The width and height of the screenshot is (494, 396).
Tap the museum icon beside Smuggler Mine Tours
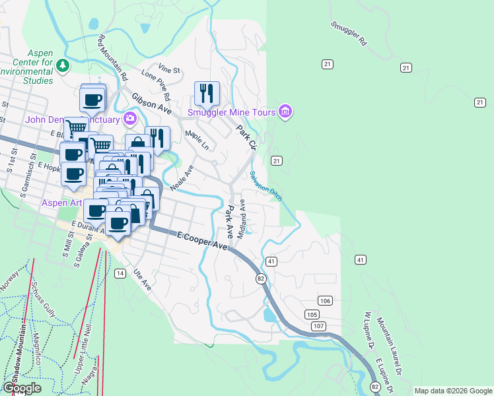285,112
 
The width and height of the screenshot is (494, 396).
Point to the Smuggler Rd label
349,32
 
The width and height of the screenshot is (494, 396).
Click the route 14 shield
120,273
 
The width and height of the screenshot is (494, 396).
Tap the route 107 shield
319,326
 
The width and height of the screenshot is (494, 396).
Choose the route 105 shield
312,313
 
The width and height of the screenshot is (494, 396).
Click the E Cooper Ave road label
202,240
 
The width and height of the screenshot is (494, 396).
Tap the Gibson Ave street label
151,102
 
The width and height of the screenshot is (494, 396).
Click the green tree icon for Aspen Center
63,65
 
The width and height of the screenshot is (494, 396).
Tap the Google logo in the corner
22,388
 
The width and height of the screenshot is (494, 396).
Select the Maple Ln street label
197,140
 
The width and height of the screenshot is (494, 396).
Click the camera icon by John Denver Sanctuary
130,119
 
